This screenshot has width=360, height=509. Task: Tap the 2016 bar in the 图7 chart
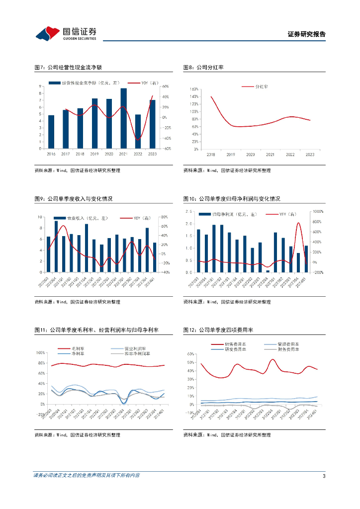click(x=51, y=132)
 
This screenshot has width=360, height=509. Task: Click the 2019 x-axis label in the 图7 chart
click(x=94, y=155)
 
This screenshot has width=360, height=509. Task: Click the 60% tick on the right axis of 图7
click(x=166, y=86)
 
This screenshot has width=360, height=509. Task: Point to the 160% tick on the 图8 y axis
click(x=194, y=89)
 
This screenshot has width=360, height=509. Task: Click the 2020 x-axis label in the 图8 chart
click(x=250, y=155)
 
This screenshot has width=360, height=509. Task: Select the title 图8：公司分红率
click(x=201, y=67)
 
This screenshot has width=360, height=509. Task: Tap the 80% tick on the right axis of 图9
click(x=165, y=217)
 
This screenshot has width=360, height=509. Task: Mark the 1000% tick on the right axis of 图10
click(x=318, y=212)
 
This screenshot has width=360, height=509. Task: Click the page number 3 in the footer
click(x=324, y=476)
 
